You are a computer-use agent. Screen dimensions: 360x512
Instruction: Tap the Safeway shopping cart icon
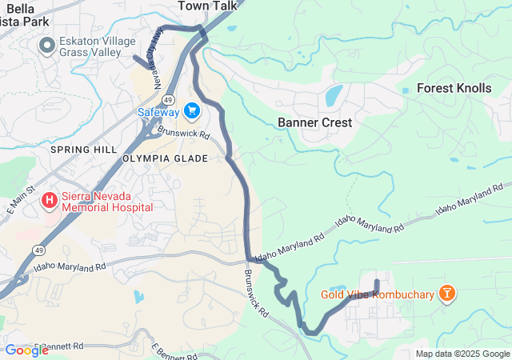[191, 110]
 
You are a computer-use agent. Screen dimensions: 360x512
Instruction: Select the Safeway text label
[158, 112]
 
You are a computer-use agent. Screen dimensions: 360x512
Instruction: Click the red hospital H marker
[50, 199]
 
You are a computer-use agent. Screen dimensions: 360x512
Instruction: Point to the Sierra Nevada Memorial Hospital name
[106, 199]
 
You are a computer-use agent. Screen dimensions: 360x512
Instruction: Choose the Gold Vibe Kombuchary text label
[378, 294]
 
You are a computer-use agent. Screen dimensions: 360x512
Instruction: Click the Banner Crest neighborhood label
[314, 122]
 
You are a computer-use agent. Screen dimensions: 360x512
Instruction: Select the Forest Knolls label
[454, 88]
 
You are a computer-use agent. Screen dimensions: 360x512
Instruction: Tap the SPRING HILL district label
[78, 150]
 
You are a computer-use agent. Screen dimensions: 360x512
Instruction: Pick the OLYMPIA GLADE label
[166, 158]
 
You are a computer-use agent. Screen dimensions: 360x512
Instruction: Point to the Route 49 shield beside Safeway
[168, 98]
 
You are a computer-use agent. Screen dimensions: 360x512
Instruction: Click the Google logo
[26, 350]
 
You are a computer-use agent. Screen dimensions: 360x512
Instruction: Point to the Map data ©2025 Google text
[462, 354]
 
